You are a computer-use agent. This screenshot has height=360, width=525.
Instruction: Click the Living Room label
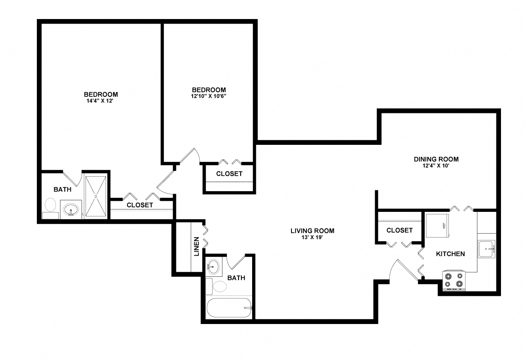312,231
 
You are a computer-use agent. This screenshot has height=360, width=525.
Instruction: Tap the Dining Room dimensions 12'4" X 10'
436,166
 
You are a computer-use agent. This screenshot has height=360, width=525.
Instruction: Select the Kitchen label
450,254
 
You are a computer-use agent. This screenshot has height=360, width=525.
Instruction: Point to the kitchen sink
486,249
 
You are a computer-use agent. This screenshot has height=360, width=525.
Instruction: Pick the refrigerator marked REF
437,226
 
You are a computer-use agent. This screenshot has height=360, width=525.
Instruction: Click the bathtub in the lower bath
229,307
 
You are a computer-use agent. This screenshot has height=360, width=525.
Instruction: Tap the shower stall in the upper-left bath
96,196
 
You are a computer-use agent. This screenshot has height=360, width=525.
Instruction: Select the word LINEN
197,246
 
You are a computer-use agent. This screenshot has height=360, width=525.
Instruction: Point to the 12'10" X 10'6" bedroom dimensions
209,96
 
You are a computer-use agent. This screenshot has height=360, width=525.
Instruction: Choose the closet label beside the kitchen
399,230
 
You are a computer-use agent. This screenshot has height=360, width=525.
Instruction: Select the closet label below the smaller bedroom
229,174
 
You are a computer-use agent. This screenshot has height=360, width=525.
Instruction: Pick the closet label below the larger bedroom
140,205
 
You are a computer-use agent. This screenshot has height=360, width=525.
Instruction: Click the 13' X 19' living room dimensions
312,238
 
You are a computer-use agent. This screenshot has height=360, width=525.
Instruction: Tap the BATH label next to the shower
63,190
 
